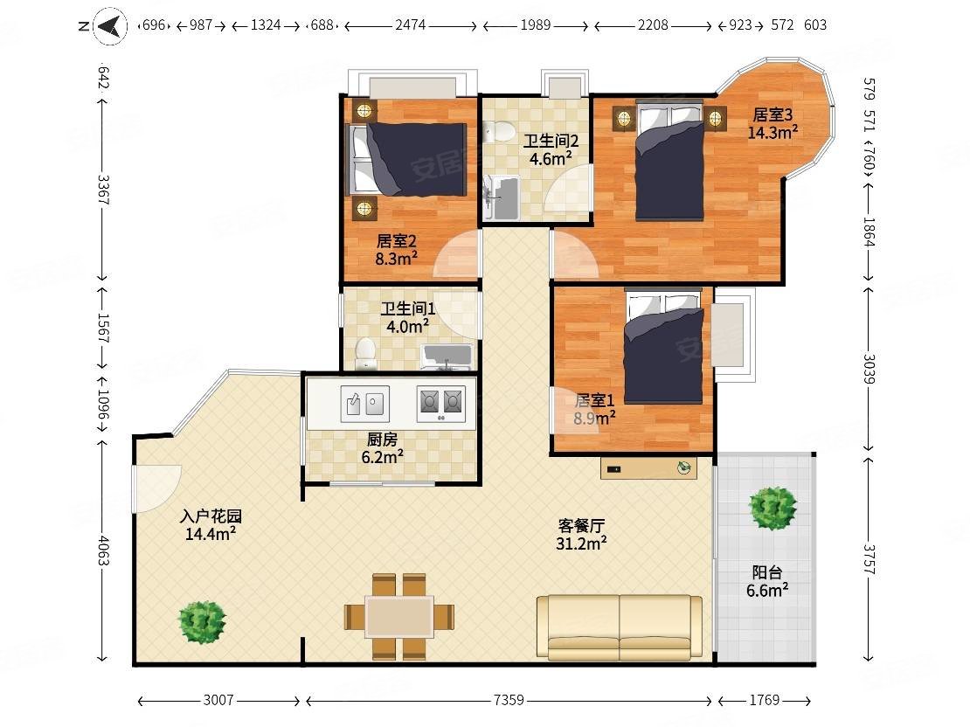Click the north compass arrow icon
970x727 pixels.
click(110, 26)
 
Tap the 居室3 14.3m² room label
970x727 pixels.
click(772, 123)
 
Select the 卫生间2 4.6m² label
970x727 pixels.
click(550, 150)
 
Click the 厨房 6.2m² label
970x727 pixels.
click(382, 448)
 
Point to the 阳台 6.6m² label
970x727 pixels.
click(767, 582)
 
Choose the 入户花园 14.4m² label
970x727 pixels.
click(211, 524)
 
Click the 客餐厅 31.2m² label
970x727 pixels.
click(581, 535)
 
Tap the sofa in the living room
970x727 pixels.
click(620, 627)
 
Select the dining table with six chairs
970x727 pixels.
click(399, 617)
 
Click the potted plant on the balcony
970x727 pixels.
click(772, 508)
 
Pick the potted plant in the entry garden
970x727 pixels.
click(202, 622)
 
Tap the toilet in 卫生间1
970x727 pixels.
click(366, 353)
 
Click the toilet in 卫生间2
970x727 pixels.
click(499, 131)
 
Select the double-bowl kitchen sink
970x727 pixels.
click(365, 404)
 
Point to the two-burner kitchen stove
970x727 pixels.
click(440, 404)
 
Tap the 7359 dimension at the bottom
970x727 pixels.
click(509, 700)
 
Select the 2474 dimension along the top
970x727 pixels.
click(410, 24)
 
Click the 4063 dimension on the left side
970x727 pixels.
click(103, 550)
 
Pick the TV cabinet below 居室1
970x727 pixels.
click(648, 468)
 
